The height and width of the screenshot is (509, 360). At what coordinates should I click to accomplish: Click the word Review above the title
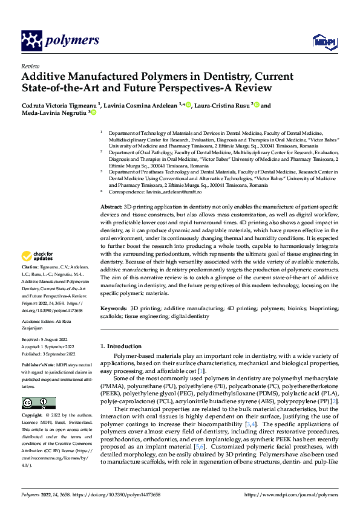(x=30, y=66)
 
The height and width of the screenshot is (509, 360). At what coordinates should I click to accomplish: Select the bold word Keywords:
(x=113, y=308)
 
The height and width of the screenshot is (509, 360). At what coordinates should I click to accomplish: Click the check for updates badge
(x=37, y=256)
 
